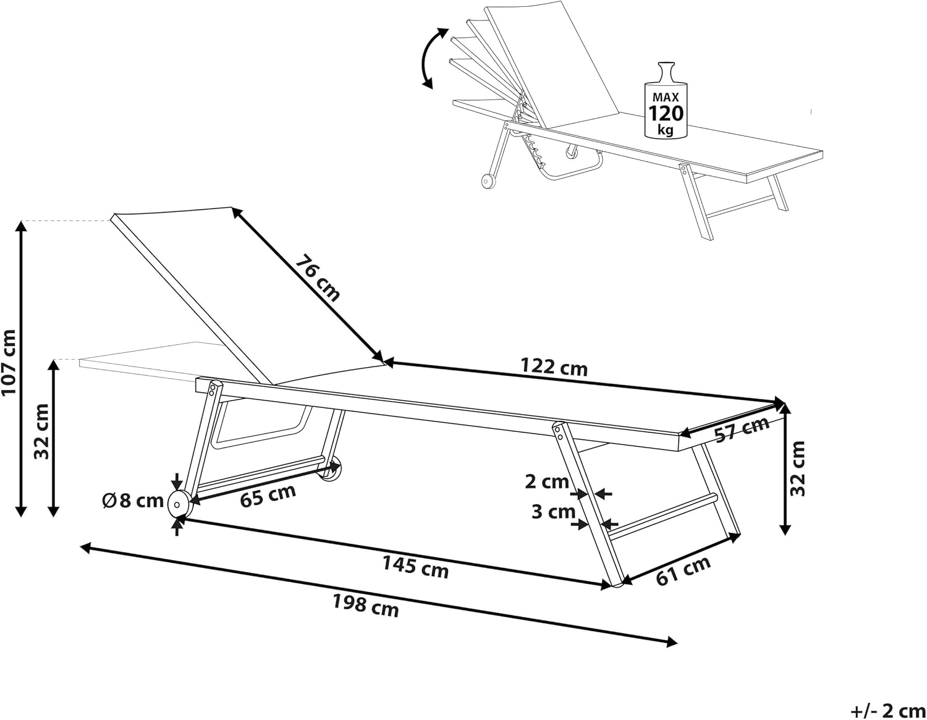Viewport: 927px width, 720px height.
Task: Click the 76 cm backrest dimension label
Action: (x=318, y=277)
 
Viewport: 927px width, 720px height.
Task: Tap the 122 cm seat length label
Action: (x=554, y=367)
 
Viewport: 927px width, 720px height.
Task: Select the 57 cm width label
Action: (x=742, y=430)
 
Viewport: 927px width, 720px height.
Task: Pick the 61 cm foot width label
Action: (x=683, y=571)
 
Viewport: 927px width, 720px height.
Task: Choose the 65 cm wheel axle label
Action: (x=268, y=496)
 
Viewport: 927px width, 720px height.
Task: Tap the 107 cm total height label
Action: (x=9, y=362)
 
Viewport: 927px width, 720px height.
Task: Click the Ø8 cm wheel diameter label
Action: (x=133, y=501)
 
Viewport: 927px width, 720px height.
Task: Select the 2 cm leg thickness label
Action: (x=546, y=481)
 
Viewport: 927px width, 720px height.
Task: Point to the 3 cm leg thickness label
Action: (x=553, y=512)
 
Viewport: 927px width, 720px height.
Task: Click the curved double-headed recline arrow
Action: (x=430, y=58)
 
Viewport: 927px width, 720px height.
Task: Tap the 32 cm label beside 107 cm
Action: (x=41, y=431)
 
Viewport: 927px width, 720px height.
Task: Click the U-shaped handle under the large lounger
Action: (x=260, y=431)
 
